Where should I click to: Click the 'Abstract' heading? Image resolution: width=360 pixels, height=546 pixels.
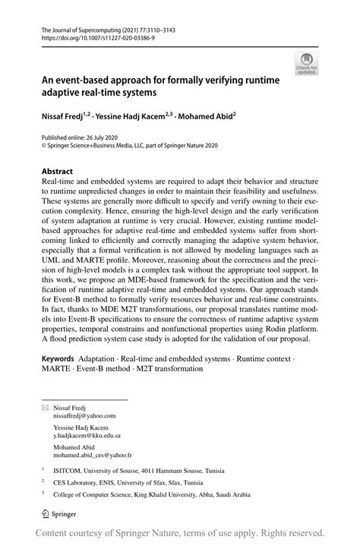click(x=57, y=172)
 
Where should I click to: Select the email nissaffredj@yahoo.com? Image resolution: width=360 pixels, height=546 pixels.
click(x=84, y=416)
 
